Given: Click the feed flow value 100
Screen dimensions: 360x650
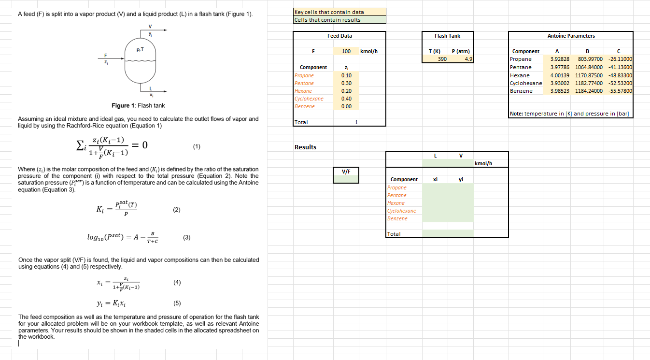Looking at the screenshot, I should (346, 51).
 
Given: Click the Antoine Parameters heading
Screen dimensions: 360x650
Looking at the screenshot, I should (571, 36).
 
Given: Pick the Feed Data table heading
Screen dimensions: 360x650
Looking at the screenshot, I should (339, 36).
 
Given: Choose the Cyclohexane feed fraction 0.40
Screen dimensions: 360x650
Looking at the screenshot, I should (346, 99).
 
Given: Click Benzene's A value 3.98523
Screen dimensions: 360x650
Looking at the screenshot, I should (560, 91).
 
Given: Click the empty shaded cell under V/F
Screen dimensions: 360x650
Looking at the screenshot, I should (346, 179).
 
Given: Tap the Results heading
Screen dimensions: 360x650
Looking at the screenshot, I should (305, 147).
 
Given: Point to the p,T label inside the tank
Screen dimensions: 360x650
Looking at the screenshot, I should (140, 50).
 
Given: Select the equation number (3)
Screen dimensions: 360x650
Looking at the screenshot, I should (187, 237).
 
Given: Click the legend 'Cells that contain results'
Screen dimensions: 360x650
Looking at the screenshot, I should (328, 20).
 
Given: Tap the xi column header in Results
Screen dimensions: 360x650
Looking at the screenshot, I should (435, 179).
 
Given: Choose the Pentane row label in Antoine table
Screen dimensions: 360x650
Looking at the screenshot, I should (521, 67).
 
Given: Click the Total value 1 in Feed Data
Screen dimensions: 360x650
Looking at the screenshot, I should (356, 122).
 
